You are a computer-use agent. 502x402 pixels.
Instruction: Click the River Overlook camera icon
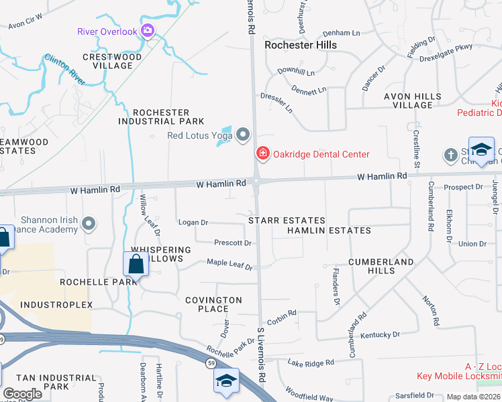tap(148, 31)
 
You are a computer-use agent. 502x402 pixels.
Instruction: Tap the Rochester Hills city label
tap(300, 45)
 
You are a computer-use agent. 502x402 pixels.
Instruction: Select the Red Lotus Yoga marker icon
tap(243, 136)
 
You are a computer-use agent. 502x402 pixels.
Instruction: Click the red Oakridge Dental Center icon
tap(262, 154)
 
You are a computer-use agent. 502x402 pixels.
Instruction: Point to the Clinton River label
tap(65, 70)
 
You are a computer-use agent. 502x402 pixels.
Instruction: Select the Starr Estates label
tap(287, 220)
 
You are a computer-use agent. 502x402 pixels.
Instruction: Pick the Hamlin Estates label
tap(329, 230)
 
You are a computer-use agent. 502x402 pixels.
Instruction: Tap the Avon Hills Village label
tap(417, 100)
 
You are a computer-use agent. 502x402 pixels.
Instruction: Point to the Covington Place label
tap(217, 304)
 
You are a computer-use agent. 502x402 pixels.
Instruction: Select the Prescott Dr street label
tap(232, 243)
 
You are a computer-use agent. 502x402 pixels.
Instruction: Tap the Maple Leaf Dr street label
tap(229, 265)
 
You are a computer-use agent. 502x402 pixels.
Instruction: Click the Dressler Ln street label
tap(277, 103)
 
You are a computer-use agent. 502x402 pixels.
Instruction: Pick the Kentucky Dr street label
tap(380, 334)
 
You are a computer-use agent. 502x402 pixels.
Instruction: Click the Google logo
tap(22, 394)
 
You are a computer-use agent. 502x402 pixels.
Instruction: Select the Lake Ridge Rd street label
tap(311, 363)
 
